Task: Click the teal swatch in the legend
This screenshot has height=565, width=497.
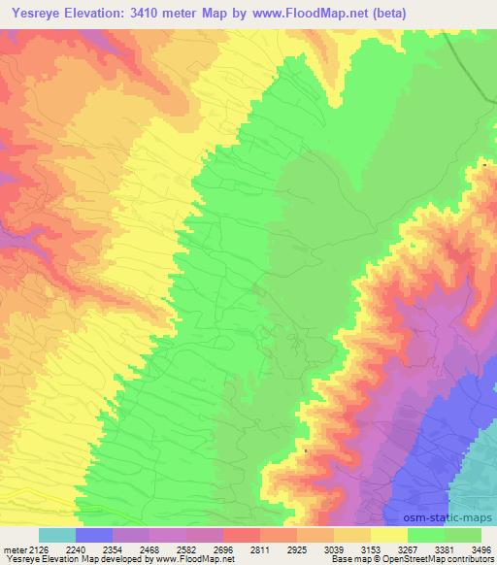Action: [56, 535]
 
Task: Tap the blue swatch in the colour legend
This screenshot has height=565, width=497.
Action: [93, 535]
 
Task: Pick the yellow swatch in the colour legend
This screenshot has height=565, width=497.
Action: [388, 535]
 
